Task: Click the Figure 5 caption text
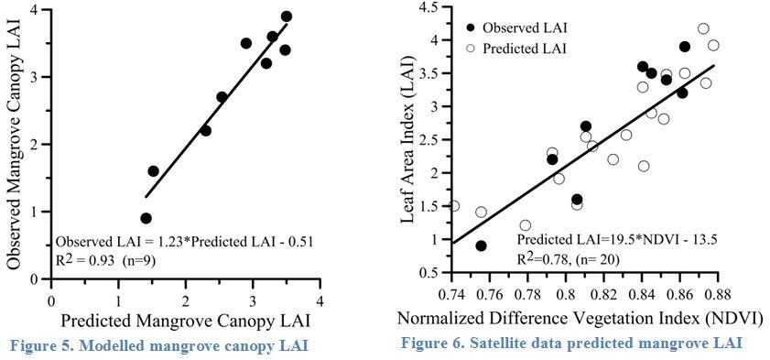157,344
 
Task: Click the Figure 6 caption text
571,343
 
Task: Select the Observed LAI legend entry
522,27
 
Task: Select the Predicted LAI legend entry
522,48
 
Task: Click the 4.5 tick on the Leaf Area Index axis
428,8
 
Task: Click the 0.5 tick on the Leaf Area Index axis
428,273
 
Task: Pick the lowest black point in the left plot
146,218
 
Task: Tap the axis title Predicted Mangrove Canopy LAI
187,321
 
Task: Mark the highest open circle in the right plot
703,29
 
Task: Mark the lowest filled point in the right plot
481,245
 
